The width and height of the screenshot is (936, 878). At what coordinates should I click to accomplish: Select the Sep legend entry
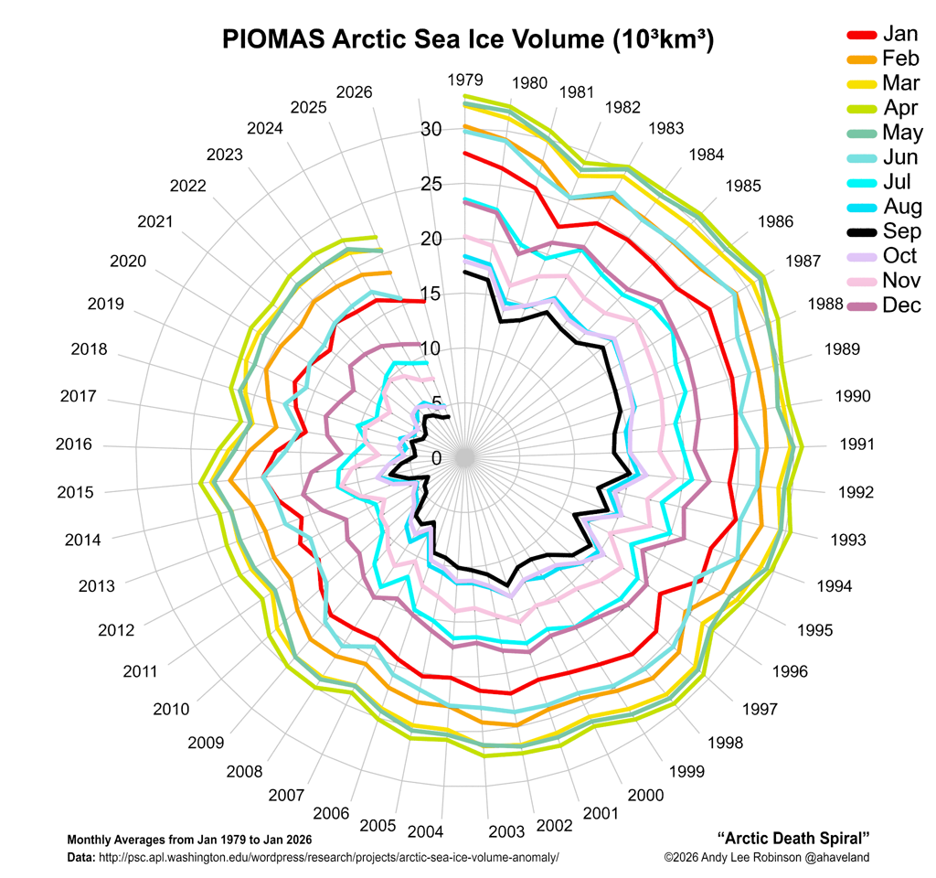coord(901,231)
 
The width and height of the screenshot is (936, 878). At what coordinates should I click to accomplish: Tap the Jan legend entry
coord(900,34)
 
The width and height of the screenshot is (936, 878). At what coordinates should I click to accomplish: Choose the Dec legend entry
coord(902,305)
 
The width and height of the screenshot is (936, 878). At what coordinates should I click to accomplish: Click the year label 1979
coord(465,80)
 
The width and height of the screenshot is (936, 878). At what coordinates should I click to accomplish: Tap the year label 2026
coord(355,92)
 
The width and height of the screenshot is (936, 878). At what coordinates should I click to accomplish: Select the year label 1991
coord(857,444)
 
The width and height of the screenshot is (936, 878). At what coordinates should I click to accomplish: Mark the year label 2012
coord(116,630)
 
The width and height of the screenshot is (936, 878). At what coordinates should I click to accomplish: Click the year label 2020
coord(128,262)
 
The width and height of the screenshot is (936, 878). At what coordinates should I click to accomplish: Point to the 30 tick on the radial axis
coord(431,130)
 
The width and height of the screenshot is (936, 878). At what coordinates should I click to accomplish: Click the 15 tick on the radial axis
coord(431,294)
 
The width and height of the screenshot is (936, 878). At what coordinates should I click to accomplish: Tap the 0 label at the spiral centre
coord(435,458)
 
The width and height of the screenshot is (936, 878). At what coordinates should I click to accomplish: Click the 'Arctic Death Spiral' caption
coord(793,838)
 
